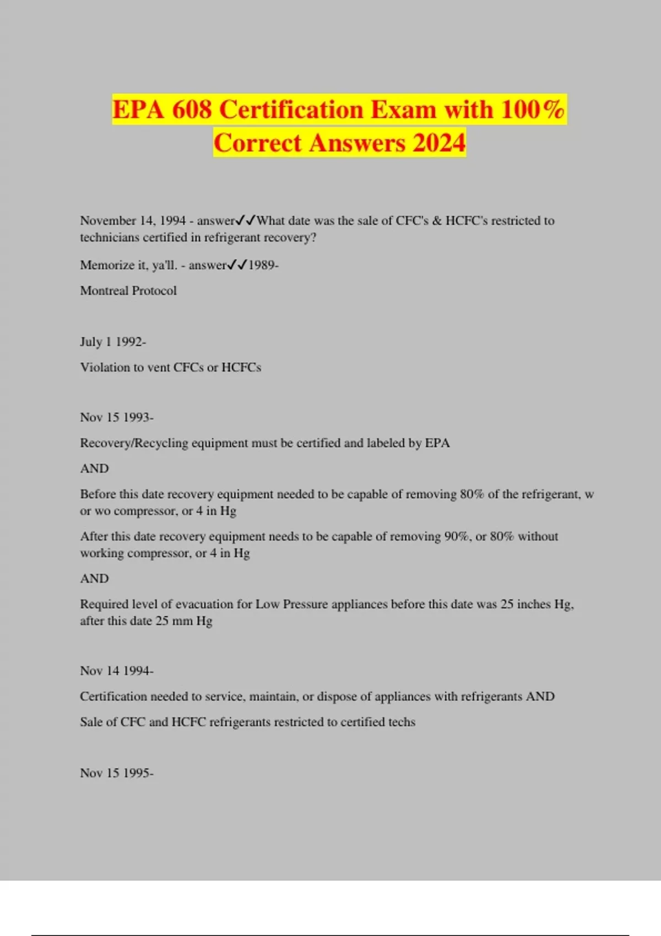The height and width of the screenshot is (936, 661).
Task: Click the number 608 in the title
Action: point(192,110)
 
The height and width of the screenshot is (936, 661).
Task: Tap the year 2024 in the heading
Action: point(438,143)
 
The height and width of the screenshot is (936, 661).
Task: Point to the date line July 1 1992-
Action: point(113,342)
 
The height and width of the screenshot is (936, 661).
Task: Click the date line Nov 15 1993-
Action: point(117,417)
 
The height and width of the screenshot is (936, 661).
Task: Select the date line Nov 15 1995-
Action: point(117,773)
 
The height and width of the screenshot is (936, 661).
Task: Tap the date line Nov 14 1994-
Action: point(117,671)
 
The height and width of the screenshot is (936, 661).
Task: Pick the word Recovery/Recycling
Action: point(134,443)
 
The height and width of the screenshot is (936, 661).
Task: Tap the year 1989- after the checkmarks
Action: point(263,265)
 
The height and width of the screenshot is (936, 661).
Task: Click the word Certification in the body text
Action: point(113,696)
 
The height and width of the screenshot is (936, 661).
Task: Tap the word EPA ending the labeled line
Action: point(437,443)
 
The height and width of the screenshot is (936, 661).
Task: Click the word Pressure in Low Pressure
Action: point(306,604)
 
